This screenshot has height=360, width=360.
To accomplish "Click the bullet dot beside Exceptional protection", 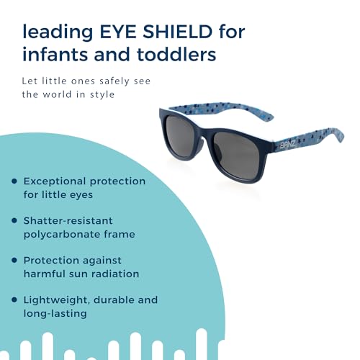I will pyautogui.click(x=14, y=181).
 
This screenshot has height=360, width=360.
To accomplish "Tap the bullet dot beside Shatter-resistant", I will pyautogui.click(x=14, y=221).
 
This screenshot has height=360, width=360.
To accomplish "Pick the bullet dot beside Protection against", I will pyautogui.click(x=14, y=261).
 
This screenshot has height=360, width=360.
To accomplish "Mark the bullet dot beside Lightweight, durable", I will pyautogui.click(x=14, y=300).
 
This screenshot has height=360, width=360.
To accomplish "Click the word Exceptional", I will pyautogui.click(x=58, y=181).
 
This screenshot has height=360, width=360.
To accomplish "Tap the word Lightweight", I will pyautogui.click(x=55, y=300).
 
